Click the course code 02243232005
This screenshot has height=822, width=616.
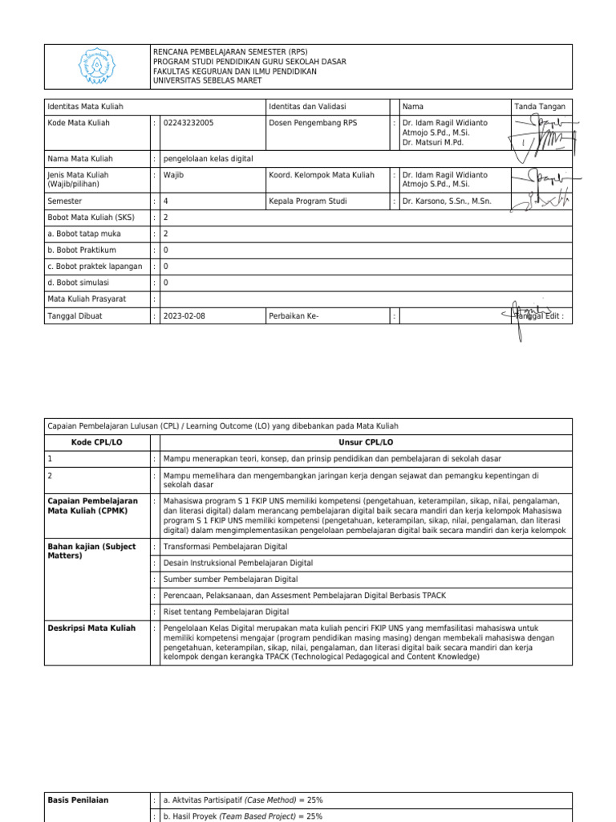coord(188,123)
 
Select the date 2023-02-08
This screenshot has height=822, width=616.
coord(184,316)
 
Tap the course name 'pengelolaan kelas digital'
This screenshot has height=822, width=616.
coord(209,159)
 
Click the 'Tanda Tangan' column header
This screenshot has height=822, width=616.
coord(541,107)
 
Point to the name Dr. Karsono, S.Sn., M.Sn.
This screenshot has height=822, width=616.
coord(447,201)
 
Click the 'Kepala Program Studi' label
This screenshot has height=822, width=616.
coord(308,201)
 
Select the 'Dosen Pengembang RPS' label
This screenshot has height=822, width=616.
coord(313,123)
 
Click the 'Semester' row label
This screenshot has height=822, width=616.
coord(65,201)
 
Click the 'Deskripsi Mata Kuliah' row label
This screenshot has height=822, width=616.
coord(91,629)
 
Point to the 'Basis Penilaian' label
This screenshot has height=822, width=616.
coord(79,800)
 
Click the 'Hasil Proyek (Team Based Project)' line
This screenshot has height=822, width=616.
coord(242,816)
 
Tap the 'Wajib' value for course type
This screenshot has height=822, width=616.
coord(174,175)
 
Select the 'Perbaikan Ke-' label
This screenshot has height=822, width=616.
coord(294,316)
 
